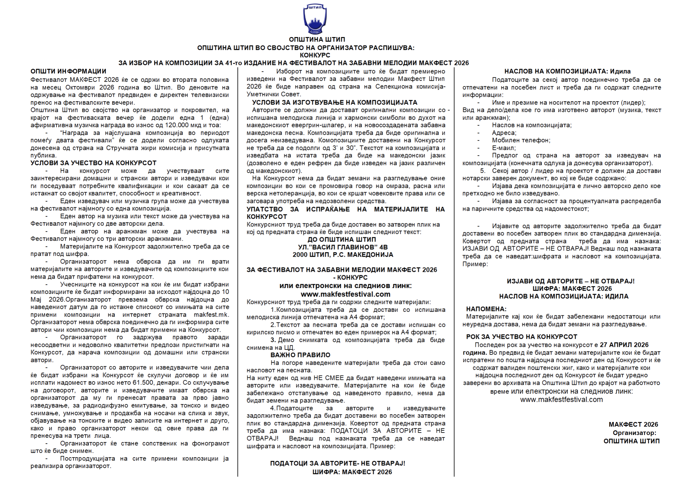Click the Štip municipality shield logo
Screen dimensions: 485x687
[314, 19]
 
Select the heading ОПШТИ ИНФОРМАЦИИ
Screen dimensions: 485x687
[68, 72]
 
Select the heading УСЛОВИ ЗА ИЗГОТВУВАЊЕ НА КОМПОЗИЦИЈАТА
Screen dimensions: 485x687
[335, 102]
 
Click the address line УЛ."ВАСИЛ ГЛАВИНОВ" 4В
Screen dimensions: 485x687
[343, 247]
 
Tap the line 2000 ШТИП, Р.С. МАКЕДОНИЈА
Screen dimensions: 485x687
[343, 255]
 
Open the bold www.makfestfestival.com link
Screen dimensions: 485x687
[345, 294]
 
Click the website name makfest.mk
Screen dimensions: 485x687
[211, 315]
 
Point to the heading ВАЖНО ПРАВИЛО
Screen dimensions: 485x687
[300, 355]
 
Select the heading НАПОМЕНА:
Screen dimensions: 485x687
[486, 309]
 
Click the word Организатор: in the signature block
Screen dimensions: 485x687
[634, 433]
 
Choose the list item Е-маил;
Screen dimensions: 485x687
[504, 148]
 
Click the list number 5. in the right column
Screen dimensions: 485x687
[483, 171]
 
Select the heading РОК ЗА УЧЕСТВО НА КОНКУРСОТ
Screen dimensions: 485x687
[522, 337]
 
